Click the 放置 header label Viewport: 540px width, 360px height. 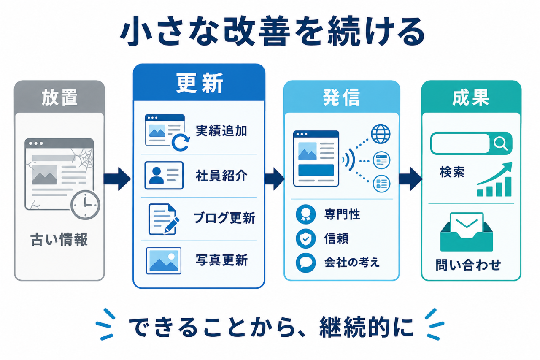tap(59, 97)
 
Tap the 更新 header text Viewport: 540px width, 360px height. tap(200, 83)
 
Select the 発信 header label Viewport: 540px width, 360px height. tap(341, 97)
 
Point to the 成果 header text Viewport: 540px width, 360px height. tap(470, 97)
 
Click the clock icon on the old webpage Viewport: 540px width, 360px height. tap(85, 205)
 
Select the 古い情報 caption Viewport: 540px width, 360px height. tap(59, 239)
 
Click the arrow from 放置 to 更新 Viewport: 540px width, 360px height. tap(117, 179)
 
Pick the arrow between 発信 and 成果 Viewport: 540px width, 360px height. tap(411, 179)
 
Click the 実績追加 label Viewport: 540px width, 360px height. tap(221, 131)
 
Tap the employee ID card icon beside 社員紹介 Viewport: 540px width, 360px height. tap(164, 175)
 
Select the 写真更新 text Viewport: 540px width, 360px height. tap(221, 260)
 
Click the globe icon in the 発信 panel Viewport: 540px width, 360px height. tap(381, 134)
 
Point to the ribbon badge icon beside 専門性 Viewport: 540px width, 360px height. tap(306, 214)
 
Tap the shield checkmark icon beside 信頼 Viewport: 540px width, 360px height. tap(306, 239)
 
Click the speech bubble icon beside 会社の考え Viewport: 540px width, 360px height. tap(306, 263)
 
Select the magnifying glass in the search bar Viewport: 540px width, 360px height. tap(500, 143)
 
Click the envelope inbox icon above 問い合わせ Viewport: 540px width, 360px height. tap(467, 232)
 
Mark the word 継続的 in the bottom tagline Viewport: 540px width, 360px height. tap(355, 327)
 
